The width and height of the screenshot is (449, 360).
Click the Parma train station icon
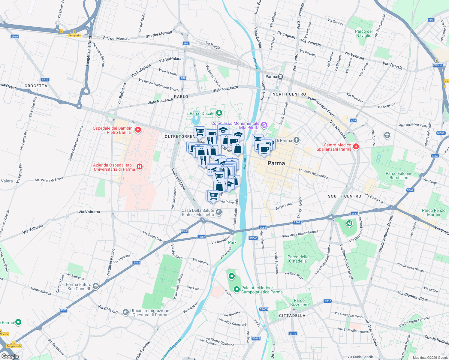tap(280, 76)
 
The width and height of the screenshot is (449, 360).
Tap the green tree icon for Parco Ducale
tap(219, 113)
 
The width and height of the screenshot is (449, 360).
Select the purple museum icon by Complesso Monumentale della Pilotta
tap(264, 124)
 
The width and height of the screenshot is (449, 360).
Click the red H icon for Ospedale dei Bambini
tap(138, 130)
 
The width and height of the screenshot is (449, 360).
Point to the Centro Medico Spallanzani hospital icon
tap(356, 146)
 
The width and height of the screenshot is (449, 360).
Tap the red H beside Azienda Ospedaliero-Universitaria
tap(139, 167)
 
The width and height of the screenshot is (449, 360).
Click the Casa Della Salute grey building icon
tap(219, 212)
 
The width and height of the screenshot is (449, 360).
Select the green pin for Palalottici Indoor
tap(237, 289)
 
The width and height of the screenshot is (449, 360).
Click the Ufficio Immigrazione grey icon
tap(126, 313)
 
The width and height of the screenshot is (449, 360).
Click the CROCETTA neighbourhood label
tap(36, 86)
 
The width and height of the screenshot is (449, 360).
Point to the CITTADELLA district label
tap(292, 316)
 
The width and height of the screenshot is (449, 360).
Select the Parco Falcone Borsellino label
tap(399, 175)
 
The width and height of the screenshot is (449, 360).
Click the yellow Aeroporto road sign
tap(74, 35)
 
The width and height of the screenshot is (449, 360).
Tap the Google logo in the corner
tap(10, 356)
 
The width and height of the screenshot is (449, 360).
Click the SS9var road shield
tap(438, 65)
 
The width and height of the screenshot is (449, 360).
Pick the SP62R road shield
tap(441, 133)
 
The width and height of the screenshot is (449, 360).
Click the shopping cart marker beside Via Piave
tap(213, 196)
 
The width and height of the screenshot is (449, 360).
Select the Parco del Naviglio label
tap(364, 33)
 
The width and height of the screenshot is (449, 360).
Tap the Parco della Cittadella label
tap(298, 259)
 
